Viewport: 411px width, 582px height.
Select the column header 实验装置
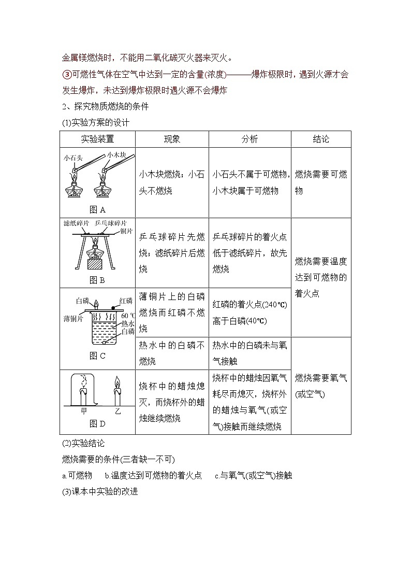click(x=97, y=139)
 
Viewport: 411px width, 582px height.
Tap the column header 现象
click(x=172, y=139)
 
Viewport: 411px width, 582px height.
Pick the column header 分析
click(x=249, y=139)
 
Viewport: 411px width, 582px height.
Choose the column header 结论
click(x=321, y=139)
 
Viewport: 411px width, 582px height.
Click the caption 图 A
click(x=97, y=209)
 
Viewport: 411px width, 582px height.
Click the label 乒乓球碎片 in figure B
click(x=113, y=222)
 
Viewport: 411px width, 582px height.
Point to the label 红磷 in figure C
click(x=126, y=301)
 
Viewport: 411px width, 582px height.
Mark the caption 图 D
click(x=97, y=423)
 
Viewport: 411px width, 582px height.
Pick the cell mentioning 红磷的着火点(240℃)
click(x=249, y=313)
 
